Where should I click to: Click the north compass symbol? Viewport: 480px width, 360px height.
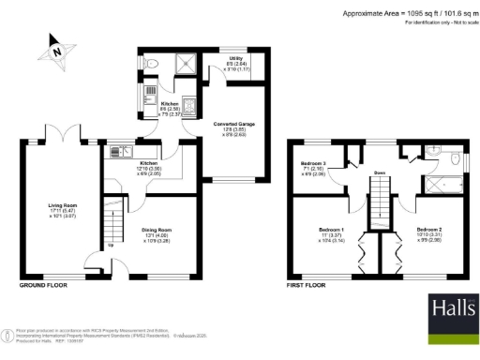[x=58, y=51]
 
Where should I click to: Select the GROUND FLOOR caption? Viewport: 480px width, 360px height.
[x=40, y=283]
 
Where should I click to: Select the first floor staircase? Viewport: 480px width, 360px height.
[x=381, y=201]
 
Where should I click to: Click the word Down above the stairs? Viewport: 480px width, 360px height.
[x=381, y=172]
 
